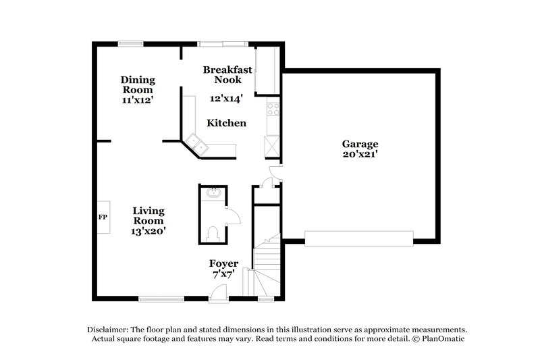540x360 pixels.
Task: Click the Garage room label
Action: (360, 144)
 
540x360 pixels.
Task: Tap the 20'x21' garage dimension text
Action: (360, 154)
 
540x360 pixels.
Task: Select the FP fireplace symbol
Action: (103, 217)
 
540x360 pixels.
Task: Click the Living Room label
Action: (148, 215)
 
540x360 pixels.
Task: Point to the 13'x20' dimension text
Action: (148, 231)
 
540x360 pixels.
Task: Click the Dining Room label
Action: (138, 84)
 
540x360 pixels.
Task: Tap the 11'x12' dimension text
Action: (138, 100)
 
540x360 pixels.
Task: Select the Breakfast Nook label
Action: (227, 74)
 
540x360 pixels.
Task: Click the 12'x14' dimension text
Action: (227, 99)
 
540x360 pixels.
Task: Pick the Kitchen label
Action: (226, 124)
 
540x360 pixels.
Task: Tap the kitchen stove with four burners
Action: (273, 108)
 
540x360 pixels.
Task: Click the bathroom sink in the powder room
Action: (213, 193)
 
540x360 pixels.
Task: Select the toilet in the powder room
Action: (213, 233)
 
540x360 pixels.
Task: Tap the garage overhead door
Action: (358, 237)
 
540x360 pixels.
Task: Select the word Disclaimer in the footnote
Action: (108, 328)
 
